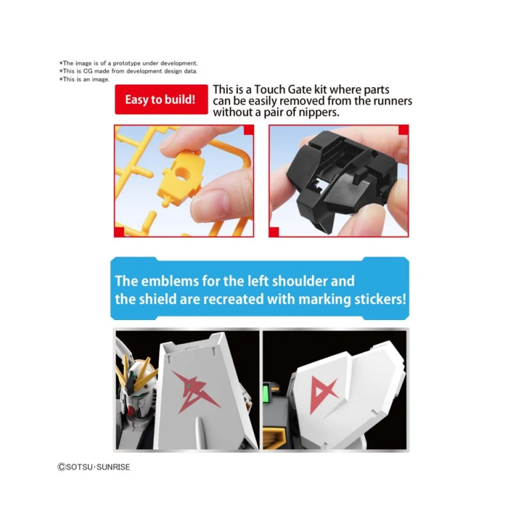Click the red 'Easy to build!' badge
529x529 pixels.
tap(161, 100)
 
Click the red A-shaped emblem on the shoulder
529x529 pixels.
tap(323, 393)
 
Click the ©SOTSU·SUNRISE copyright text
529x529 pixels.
tap(94, 467)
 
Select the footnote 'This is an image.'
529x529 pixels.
tap(85, 79)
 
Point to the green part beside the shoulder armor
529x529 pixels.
tap(266, 391)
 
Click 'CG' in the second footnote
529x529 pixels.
tap(88, 71)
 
